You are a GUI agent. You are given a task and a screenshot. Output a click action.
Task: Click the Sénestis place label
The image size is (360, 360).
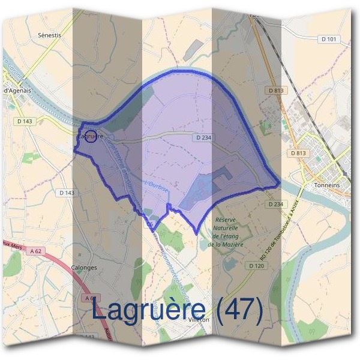(x=49, y=35)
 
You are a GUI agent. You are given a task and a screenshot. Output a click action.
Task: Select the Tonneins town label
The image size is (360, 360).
(x=326, y=186)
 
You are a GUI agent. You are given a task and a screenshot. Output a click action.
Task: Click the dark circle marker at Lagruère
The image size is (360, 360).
(x=90, y=137)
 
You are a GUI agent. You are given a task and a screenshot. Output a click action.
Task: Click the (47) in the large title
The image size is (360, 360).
(x=239, y=310)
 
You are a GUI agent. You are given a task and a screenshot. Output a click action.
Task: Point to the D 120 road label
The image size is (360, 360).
(x=256, y=265)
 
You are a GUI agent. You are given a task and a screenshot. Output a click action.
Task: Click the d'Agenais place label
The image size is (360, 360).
(x=18, y=91)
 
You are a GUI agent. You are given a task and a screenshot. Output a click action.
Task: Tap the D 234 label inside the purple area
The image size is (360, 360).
(x=203, y=138)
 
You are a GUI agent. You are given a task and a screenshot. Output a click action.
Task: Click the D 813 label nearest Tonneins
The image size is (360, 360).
(x=298, y=154)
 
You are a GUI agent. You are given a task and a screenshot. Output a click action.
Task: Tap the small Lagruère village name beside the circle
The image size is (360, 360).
(x=84, y=137)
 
